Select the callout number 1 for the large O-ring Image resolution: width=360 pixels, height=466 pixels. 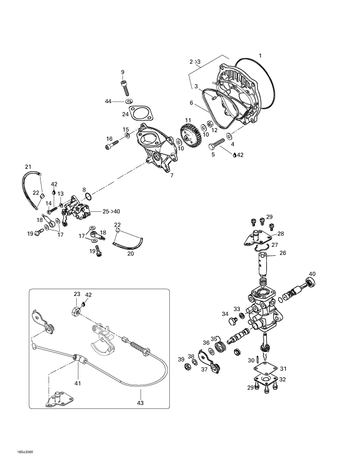[260, 55]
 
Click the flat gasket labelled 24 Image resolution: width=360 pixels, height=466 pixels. [141, 114]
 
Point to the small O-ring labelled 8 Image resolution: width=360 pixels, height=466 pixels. [89, 197]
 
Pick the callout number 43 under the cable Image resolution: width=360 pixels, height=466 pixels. [140, 403]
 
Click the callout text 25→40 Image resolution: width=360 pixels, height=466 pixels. [111, 212]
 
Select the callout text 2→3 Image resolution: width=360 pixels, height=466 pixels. [195, 62]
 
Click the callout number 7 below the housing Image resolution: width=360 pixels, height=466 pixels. [172, 176]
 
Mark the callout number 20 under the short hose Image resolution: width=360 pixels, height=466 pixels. [130, 254]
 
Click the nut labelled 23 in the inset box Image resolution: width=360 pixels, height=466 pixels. [77, 311]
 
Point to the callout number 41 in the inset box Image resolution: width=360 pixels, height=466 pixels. [77, 384]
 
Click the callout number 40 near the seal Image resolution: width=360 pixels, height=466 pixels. [312, 274]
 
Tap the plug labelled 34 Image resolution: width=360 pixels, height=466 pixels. [232, 320]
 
